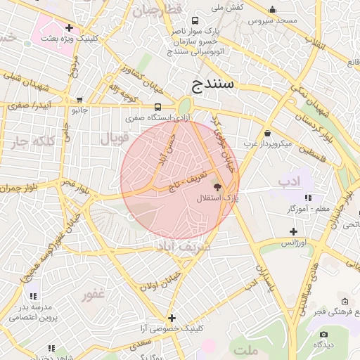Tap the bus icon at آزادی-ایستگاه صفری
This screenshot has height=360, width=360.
[157, 107]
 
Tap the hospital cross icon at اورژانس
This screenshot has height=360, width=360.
[294, 231]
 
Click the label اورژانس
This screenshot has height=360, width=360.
[295, 243]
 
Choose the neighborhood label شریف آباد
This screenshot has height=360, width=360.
[186, 247]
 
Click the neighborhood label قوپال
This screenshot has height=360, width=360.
[115, 139]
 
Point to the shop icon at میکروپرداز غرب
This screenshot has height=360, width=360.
[267, 134]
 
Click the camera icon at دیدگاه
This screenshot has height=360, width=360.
[323, 334]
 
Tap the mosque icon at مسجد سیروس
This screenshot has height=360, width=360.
[272, 10]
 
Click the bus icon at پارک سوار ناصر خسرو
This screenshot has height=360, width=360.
[195, 20]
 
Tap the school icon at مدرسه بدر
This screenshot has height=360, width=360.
[33, 296]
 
